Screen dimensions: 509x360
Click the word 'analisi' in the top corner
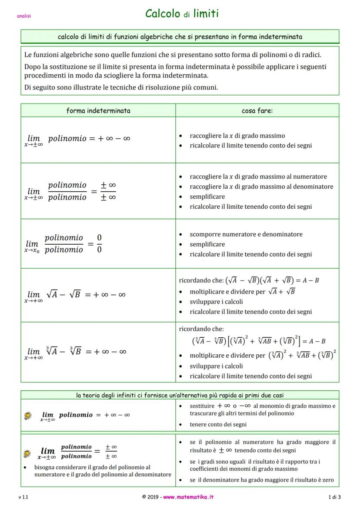tap(24, 17)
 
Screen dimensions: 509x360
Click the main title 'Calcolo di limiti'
tap(182, 14)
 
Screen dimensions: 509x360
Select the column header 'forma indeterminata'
tap(98, 110)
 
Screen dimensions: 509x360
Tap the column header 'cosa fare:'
tap(257, 110)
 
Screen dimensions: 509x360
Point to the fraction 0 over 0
tap(99, 243)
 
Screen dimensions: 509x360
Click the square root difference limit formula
tap(75, 295)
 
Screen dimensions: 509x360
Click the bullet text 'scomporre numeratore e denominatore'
tap(246, 234)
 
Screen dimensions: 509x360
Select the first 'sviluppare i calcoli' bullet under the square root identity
tap(216, 302)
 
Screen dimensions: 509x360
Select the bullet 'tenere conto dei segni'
tap(218, 424)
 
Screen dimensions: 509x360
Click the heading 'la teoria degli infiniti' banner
tap(180, 395)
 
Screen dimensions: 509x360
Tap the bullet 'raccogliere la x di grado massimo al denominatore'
tap(261, 187)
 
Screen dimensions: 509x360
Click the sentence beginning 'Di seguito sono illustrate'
tap(121, 87)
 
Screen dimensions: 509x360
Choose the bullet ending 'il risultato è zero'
tap(261, 480)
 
